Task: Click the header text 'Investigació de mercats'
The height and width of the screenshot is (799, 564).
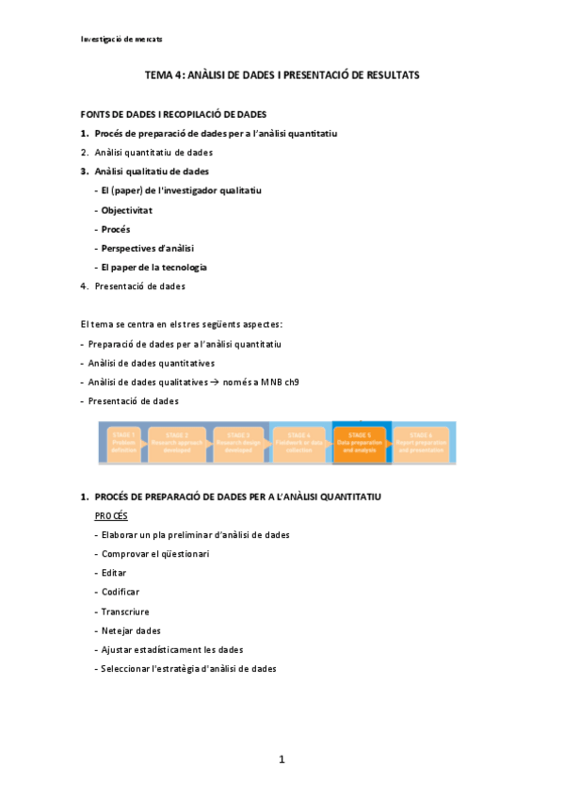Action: (x=122, y=39)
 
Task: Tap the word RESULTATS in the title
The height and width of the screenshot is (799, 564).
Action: (x=388, y=74)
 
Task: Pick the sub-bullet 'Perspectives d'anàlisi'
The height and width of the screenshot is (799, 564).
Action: (x=147, y=248)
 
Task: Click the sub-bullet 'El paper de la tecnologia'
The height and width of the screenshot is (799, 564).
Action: (x=153, y=267)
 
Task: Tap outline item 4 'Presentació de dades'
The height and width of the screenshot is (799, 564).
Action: (x=139, y=286)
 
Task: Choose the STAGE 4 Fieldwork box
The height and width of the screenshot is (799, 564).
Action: (x=299, y=443)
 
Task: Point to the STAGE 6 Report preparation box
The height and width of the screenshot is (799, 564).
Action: (x=420, y=443)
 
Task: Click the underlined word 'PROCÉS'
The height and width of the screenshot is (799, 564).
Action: (x=111, y=515)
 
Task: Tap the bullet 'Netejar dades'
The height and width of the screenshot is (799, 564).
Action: (x=131, y=630)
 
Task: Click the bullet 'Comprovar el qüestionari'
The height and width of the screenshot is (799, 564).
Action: (x=155, y=553)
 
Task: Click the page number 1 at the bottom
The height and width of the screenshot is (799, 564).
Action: (x=282, y=759)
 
